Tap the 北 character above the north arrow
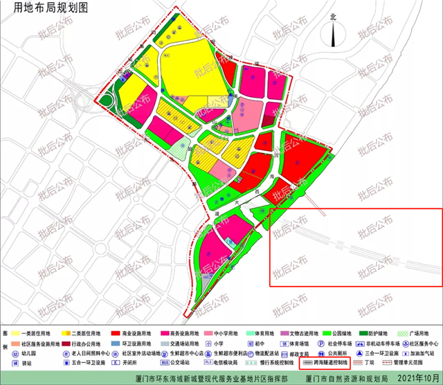pos(333,17)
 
